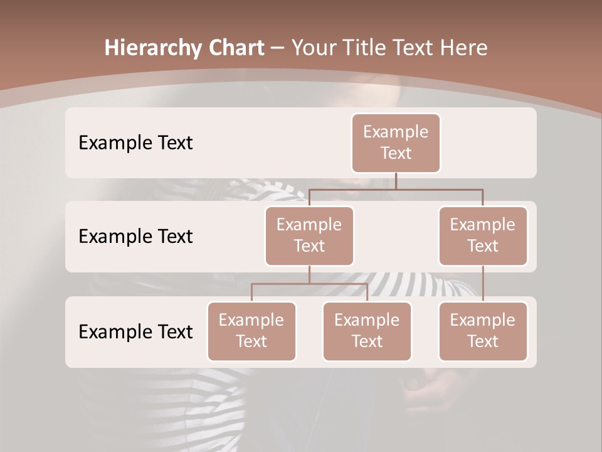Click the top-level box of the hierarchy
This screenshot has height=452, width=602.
pyautogui.click(x=396, y=143)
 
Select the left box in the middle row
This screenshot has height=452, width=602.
pyautogui.click(x=309, y=236)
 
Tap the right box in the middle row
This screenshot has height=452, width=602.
pyautogui.click(x=483, y=236)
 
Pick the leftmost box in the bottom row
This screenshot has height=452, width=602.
pyautogui.click(x=251, y=331)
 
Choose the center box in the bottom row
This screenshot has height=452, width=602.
pyautogui.click(x=367, y=331)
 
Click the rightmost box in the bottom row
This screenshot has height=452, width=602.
pyautogui.click(x=483, y=331)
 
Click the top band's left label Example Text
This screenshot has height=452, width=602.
pyautogui.click(x=135, y=143)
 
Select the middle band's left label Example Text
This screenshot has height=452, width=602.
pyautogui.click(x=135, y=236)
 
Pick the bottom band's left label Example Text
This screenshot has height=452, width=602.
pyautogui.click(x=135, y=331)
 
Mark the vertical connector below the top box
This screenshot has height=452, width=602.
pyautogui.click(x=396, y=181)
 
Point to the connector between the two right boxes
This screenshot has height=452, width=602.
pyautogui.click(x=483, y=284)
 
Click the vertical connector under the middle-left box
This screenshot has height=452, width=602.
pyautogui.click(x=309, y=274)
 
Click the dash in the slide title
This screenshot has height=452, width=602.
pyautogui.click(x=278, y=48)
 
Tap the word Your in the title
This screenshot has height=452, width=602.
pyautogui.click(x=312, y=48)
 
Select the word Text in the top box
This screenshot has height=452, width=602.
pyautogui.click(x=396, y=153)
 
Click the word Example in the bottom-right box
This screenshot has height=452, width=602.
pyautogui.click(x=483, y=320)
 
